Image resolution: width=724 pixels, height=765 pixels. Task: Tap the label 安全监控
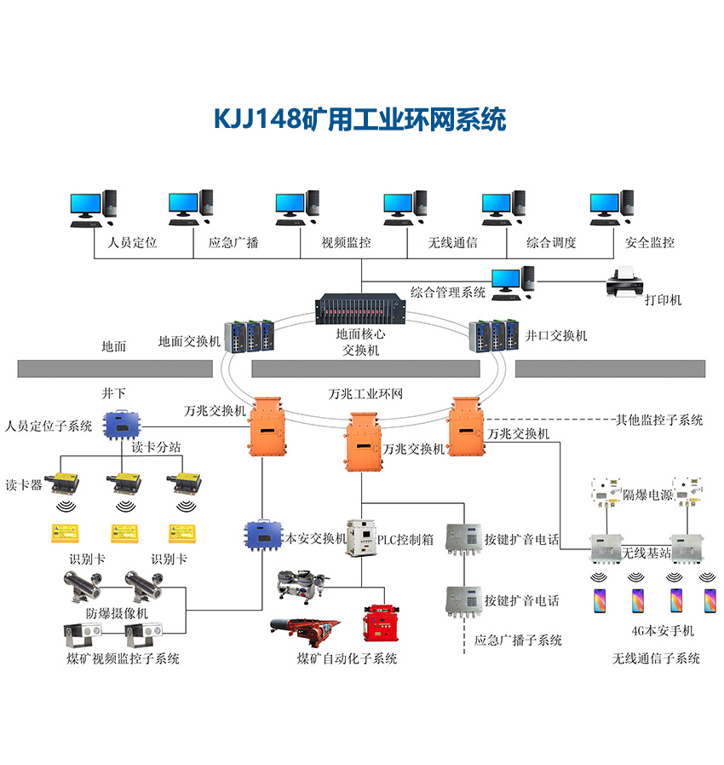[x=650, y=242]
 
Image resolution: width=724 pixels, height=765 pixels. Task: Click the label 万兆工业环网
[x=365, y=395]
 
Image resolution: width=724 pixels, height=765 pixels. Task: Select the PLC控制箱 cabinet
[x=361, y=537]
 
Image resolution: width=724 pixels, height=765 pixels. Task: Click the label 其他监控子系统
[x=659, y=420]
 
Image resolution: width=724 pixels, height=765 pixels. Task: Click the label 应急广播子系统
[x=519, y=640]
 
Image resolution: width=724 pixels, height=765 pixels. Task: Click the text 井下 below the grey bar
[x=113, y=393]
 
